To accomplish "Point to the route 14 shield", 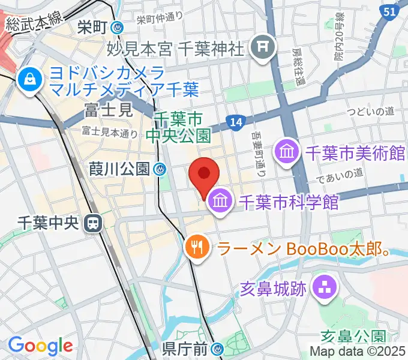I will click(x=236, y=122).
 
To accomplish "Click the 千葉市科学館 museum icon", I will click(x=218, y=202).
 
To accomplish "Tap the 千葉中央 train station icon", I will click(x=93, y=223).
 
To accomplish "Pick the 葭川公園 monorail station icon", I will click(x=160, y=169).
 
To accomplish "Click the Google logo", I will click(x=40, y=345).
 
